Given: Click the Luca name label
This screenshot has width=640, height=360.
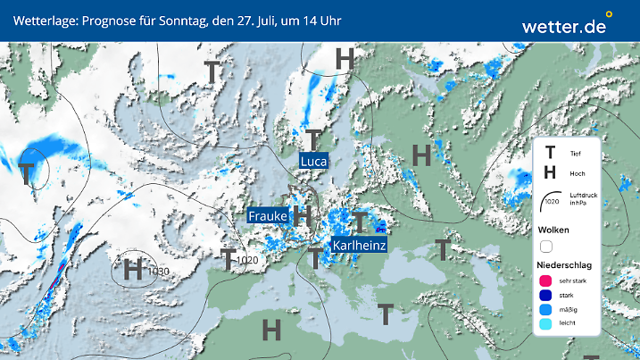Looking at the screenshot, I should click(x=313, y=161).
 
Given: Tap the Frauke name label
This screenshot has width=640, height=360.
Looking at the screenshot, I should click(x=267, y=216).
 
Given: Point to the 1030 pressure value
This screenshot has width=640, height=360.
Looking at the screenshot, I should click(x=159, y=272).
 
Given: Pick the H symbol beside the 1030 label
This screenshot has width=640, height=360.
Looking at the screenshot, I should click(x=134, y=268).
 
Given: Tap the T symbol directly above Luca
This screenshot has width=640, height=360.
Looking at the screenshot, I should click(x=313, y=139).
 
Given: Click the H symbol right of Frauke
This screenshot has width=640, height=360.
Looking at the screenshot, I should click(x=303, y=215).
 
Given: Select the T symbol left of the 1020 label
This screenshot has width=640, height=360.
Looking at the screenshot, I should click(x=229, y=260).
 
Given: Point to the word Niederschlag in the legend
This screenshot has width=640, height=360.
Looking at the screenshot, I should click(x=565, y=265).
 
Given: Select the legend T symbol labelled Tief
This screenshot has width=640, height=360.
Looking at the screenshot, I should click(x=551, y=154).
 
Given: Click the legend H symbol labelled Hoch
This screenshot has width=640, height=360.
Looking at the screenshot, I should click(x=551, y=173).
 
